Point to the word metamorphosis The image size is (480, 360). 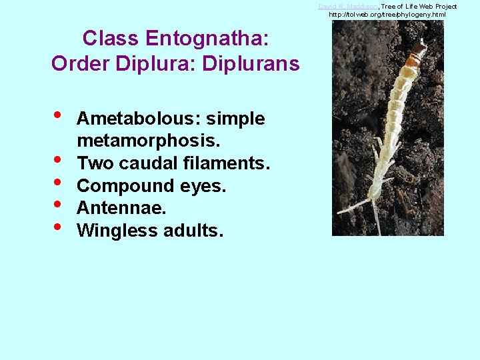pos(149,141)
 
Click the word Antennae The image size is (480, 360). pos(121,208)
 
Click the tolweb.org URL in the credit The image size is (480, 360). pos(387,14)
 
